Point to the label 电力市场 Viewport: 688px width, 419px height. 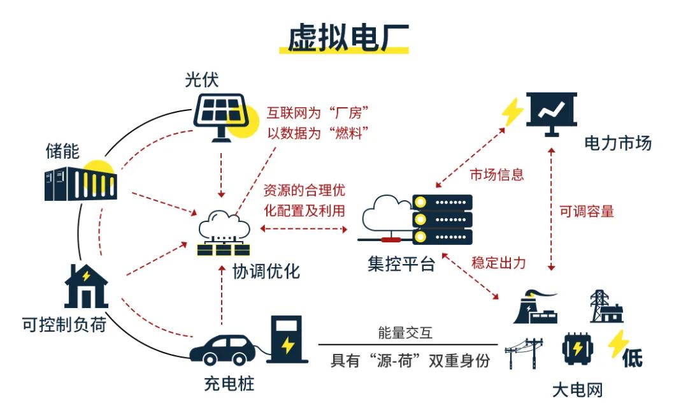(x=618, y=143)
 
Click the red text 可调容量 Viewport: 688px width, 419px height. (x=587, y=212)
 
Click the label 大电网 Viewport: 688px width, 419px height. (x=577, y=390)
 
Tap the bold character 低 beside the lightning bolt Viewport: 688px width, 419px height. (x=632, y=358)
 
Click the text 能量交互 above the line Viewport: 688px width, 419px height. (x=406, y=333)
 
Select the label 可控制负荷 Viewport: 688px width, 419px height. (x=64, y=325)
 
